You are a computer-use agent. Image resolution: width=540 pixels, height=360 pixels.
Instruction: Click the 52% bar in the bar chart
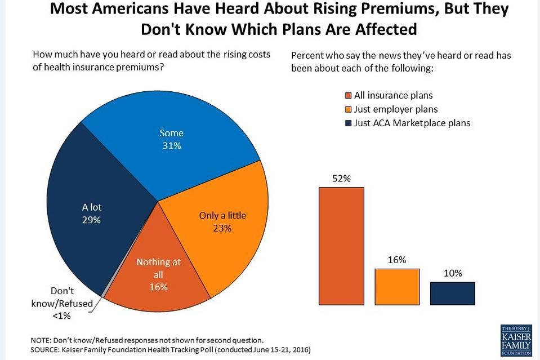pyautogui.click(x=341, y=246)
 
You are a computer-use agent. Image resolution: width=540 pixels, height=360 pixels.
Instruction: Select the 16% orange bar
pyautogui.click(x=397, y=286)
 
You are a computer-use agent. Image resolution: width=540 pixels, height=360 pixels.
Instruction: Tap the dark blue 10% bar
pyautogui.click(x=453, y=293)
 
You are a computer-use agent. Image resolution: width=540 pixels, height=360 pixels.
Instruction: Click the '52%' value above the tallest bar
pyautogui.click(x=341, y=179)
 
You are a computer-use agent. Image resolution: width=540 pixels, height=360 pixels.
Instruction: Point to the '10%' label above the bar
pyautogui.click(x=453, y=273)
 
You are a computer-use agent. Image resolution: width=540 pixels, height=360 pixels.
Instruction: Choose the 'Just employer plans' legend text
pyautogui.click(x=396, y=109)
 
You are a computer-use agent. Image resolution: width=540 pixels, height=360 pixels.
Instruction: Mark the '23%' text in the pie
pyautogui.click(x=223, y=228)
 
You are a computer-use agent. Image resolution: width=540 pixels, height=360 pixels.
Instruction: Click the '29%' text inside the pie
pyautogui.click(x=91, y=220)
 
